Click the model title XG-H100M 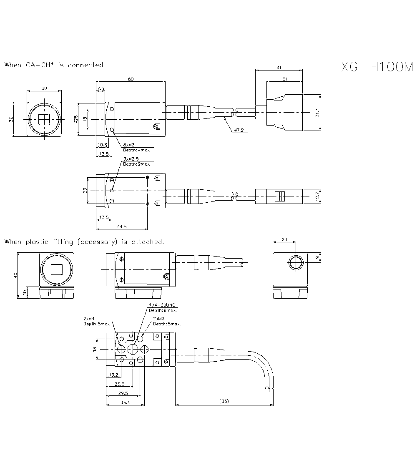tap(377, 67)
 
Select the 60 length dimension tap(131, 79)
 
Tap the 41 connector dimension tap(279, 67)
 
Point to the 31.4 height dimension tap(317, 113)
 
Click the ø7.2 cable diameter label tap(239, 131)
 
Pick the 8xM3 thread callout tap(128, 145)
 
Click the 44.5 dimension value tap(122, 226)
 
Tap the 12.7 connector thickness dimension tap(317, 195)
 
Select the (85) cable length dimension tap(224, 402)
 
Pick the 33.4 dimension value tap(125, 403)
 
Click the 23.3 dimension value tap(119, 384)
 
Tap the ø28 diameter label tap(76, 119)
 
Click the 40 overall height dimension tap(16, 275)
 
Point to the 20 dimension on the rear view tap(284, 239)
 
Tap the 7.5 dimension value tap(100, 88)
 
